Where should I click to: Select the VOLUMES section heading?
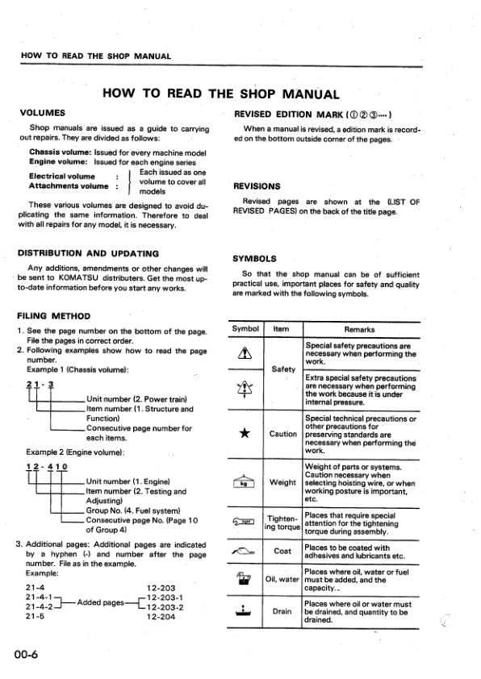pyautogui.click(x=42, y=114)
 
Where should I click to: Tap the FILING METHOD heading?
pyautogui.click(x=53, y=315)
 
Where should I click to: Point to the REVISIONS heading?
pyautogui.click(x=257, y=185)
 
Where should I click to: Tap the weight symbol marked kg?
pyautogui.click(x=244, y=482)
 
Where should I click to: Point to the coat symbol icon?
pyautogui.click(x=244, y=551)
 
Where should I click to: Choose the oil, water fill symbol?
pyautogui.click(x=244, y=578)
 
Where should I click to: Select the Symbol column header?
pyautogui.click(x=245, y=329)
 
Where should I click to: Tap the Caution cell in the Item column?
pyautogui.click(x=282, y=434)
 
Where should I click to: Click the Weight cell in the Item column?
pyautogui.click(x=282, y=482)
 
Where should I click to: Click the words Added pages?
pyautogui.click(x=102, y=602)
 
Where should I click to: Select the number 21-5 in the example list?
pyautogui.click(x=34, y=617)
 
